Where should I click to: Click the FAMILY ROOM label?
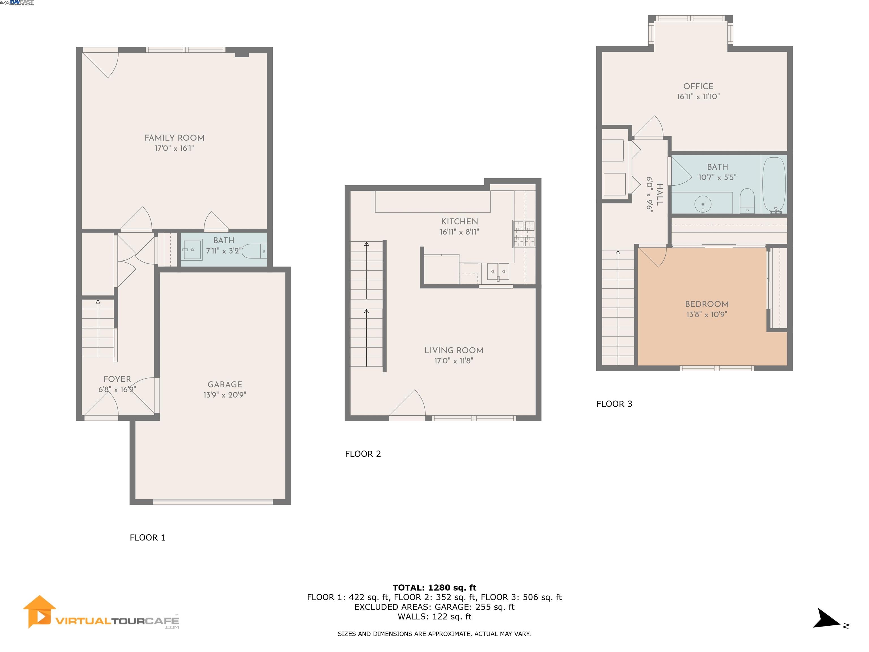point(175,138)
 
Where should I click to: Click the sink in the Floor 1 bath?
point(193,250)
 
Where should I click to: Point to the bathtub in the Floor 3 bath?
point(774,185)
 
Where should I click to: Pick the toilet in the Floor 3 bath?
point(747,201)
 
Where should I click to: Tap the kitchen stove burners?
point(524,234)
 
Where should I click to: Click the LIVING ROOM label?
point(454,351)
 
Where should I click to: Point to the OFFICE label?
point(698,87)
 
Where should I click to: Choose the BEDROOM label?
point(707,304)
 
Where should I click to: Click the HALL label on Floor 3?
point(660,194)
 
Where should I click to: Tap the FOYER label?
point(117,379)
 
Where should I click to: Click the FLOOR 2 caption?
point(363,454)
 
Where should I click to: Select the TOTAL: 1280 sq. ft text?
point(434,588)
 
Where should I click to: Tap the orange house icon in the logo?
point(39,612)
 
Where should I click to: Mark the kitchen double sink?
point(498,272)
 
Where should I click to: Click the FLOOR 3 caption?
point(614,404)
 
